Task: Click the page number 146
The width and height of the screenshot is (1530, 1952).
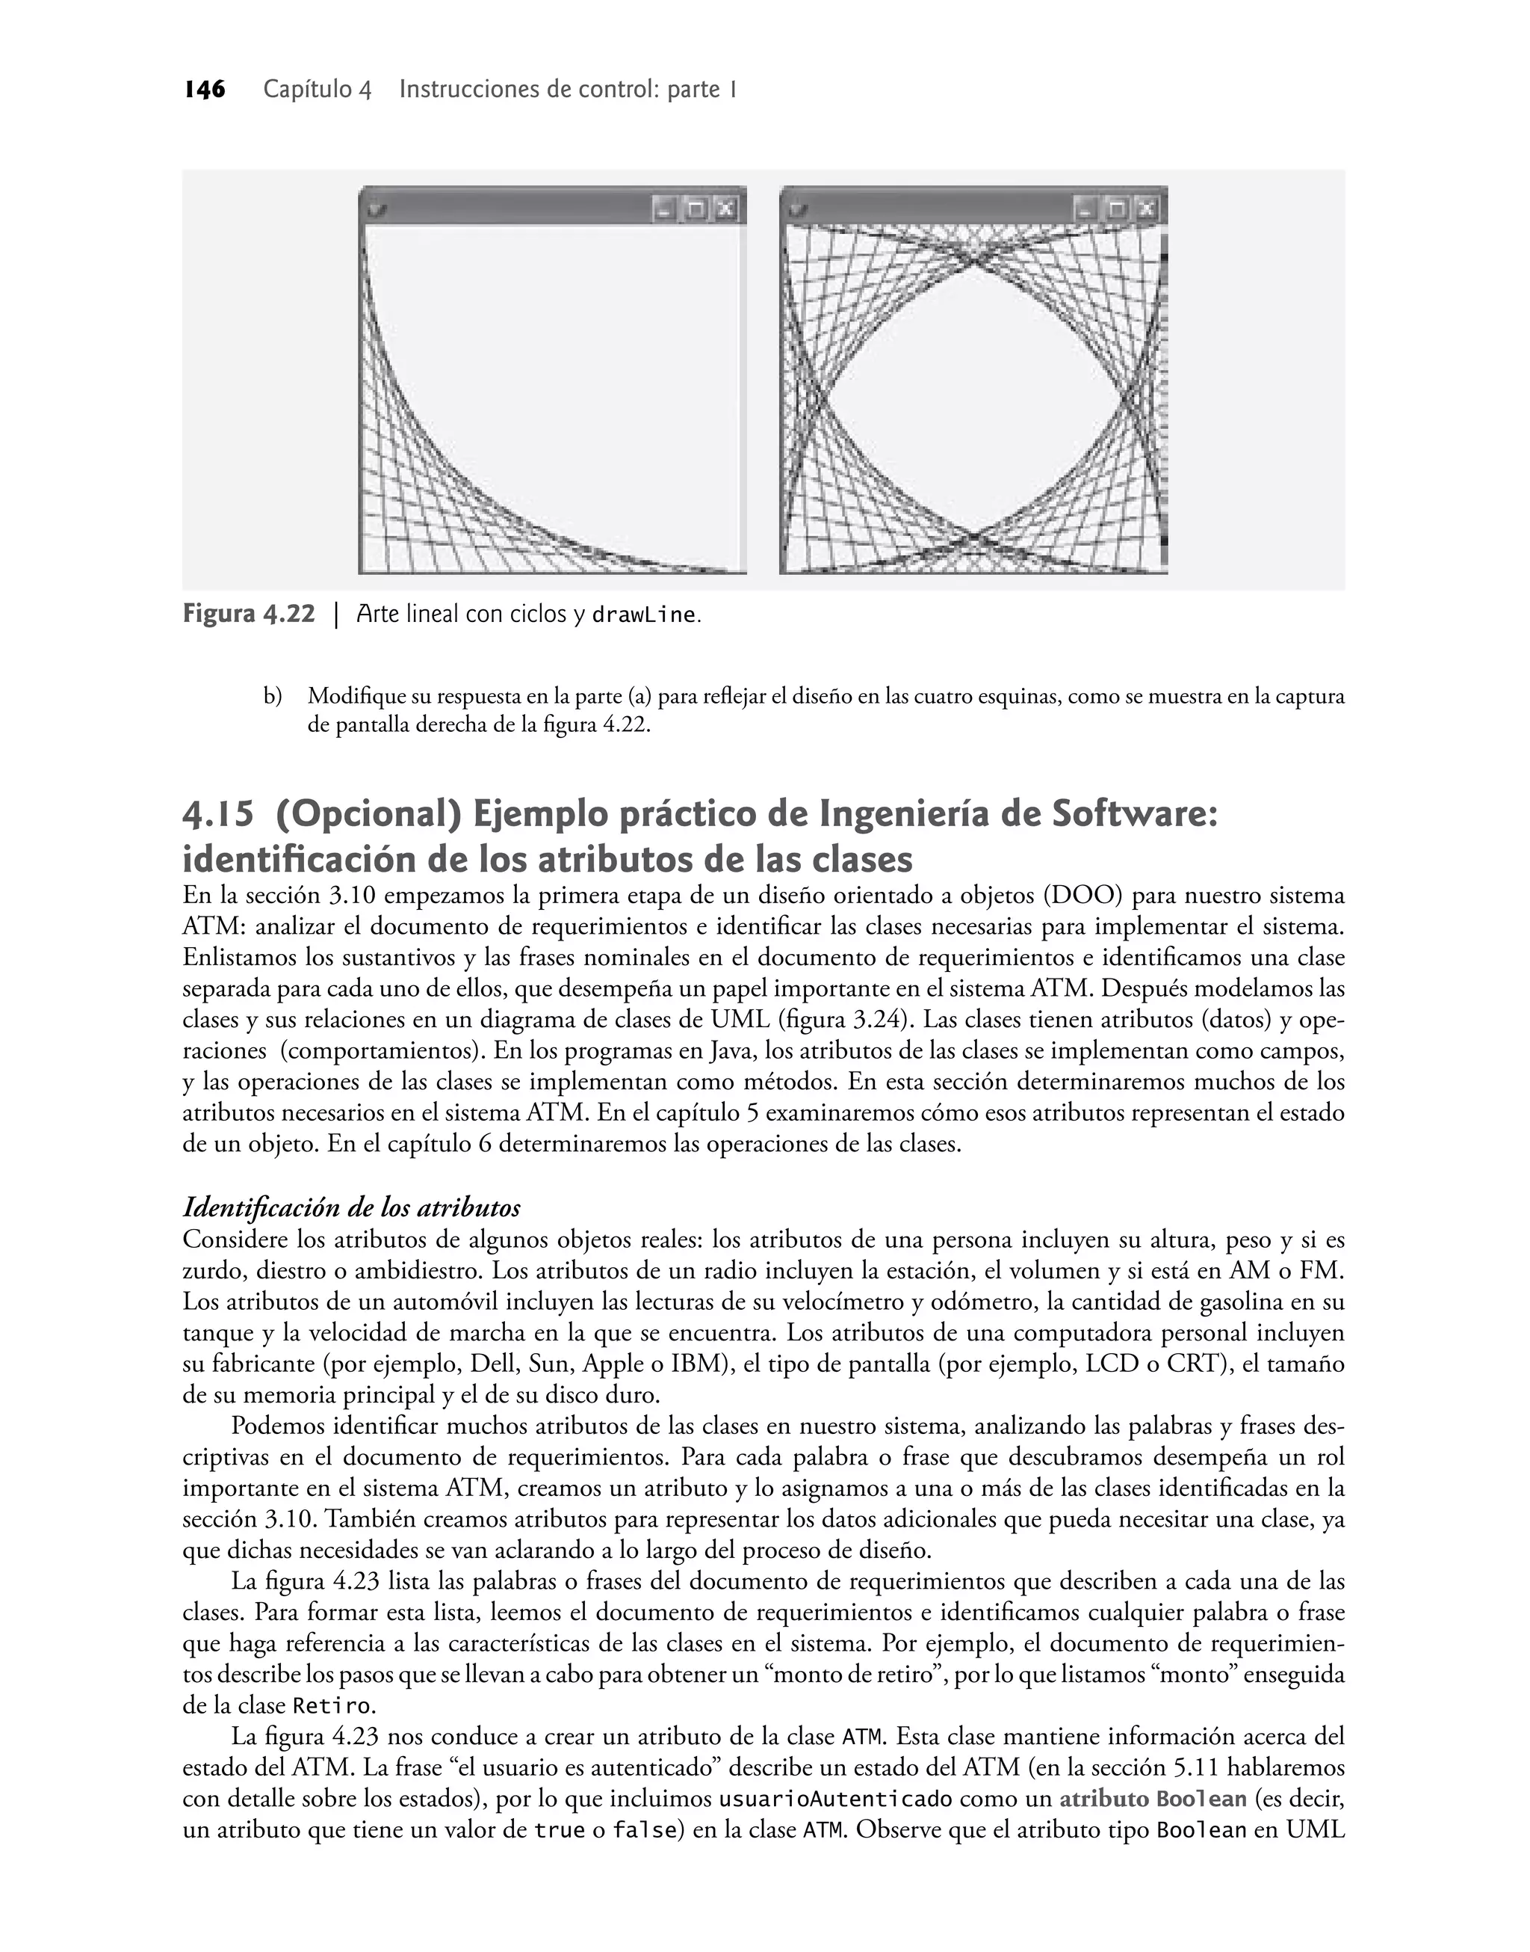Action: point(205,90)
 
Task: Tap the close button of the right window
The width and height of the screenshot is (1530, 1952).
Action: point(1148,210)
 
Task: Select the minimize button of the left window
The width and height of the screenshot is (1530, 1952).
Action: point(664,210)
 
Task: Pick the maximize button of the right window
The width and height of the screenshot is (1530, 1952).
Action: point(1117,210)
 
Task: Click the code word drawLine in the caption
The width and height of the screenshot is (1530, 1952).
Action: point(644,616)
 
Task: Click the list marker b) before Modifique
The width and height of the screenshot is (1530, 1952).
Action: point(273,696)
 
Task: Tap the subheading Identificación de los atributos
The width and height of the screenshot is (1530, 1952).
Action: point(351,1208)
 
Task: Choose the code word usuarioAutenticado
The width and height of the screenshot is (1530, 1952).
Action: point(836,1799)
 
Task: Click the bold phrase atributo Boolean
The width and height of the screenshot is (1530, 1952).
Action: point(1153,1799)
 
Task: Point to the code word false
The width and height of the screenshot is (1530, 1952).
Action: point(643,1830)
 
